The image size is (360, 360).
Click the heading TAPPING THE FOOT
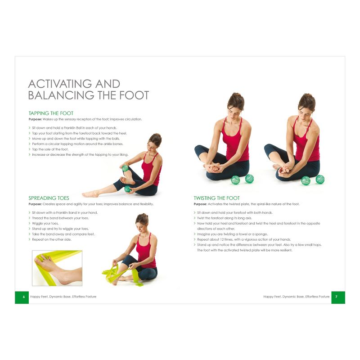coord(51,113)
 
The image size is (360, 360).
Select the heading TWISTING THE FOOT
coord(216,198)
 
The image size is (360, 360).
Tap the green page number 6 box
coord(22,297)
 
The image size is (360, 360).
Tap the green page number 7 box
coord(338,297)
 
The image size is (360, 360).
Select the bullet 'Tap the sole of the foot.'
coord(50,149)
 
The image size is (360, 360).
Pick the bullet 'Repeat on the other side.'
coord(51,239)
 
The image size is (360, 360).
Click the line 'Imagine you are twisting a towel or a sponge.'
coord(232,234)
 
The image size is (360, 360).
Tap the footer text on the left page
coord(63,297)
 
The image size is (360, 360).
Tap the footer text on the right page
coord(297,297)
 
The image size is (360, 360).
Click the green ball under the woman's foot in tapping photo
coord(127,189)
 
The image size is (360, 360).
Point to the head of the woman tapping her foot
coord(154,140)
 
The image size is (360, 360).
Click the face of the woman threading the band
coord(142,224)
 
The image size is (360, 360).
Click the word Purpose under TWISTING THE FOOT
coord(202,204)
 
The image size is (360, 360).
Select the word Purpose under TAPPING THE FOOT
coord(36,119)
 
